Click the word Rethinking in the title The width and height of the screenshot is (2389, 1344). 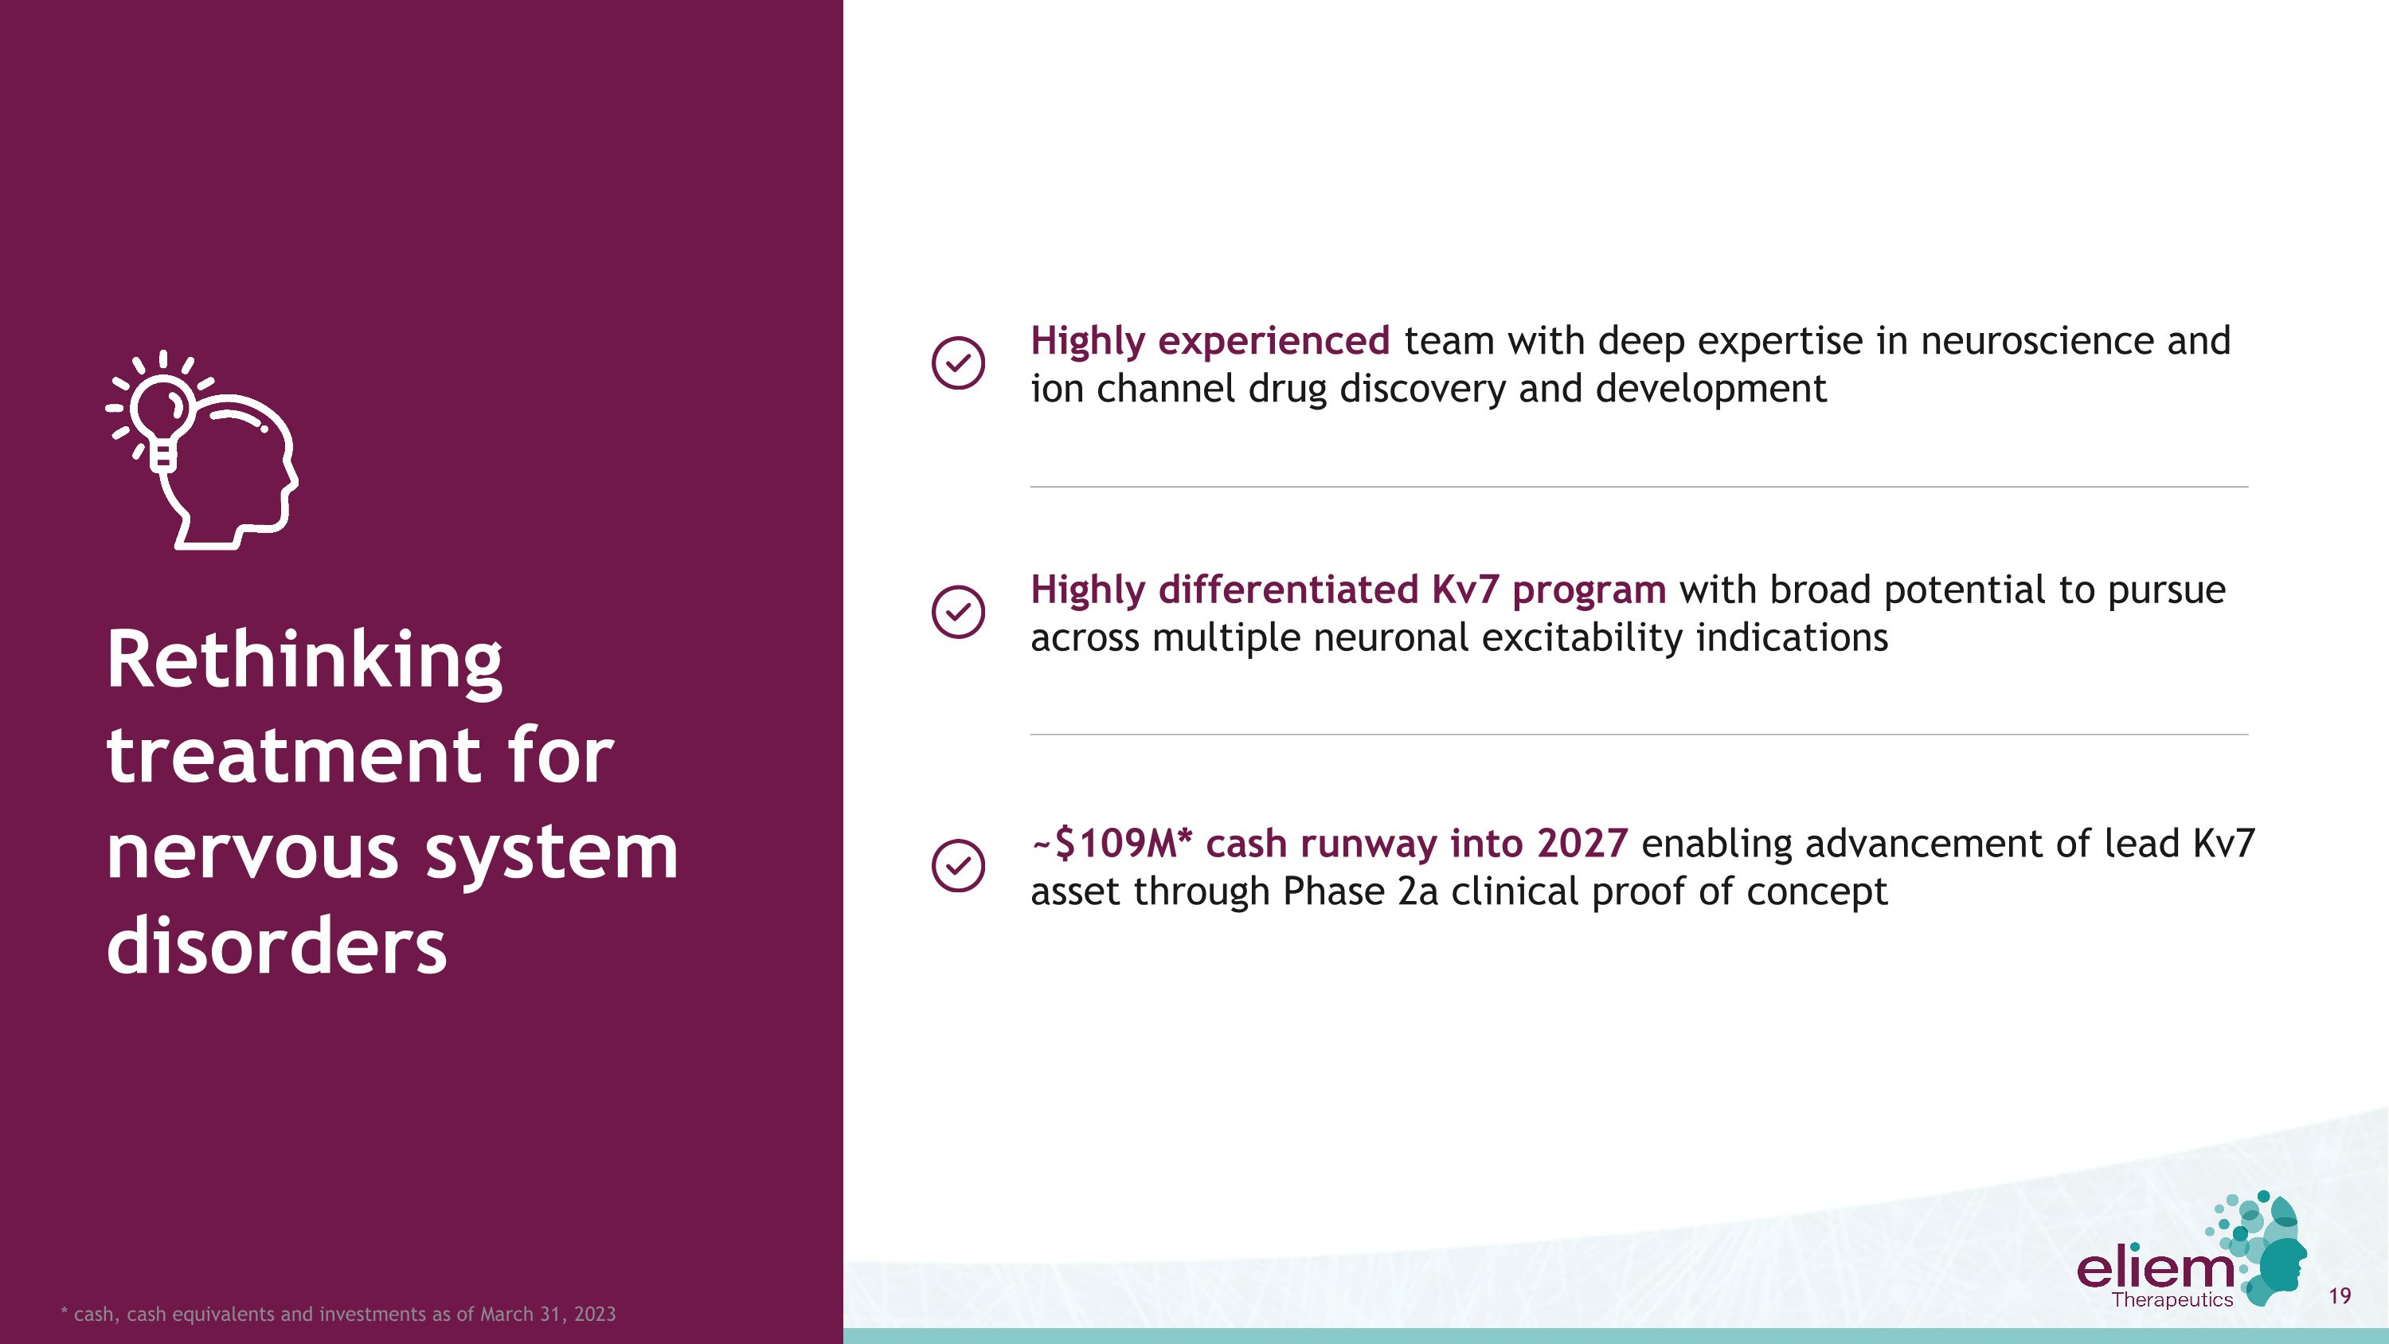point(304,660)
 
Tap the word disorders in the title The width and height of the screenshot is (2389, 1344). point(276,946)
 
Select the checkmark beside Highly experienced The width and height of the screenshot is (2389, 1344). point(957,362)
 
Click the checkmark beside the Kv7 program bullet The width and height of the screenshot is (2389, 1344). point(957,611)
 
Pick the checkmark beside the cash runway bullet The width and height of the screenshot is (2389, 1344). point(957,865)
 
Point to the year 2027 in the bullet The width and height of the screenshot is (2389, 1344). point(1582,844)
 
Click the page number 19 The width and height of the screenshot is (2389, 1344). point(2339,1295)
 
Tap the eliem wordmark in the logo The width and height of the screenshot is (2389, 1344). point(2154,1268)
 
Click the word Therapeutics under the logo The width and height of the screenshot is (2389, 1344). point(2172,1300)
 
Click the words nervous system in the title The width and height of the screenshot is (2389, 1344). point(391,852)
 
